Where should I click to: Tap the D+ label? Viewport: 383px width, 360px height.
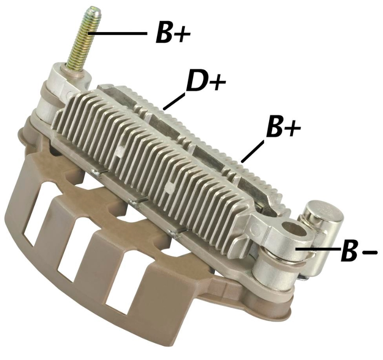[x=205, y=81]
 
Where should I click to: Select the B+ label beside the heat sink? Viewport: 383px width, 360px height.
[x=283, y=127]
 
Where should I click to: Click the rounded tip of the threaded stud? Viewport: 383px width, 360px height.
[x=94, y=10]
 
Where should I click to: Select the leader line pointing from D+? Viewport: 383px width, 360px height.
[x=174, y=101]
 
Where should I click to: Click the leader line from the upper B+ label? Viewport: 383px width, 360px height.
[x=118, y=33]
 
